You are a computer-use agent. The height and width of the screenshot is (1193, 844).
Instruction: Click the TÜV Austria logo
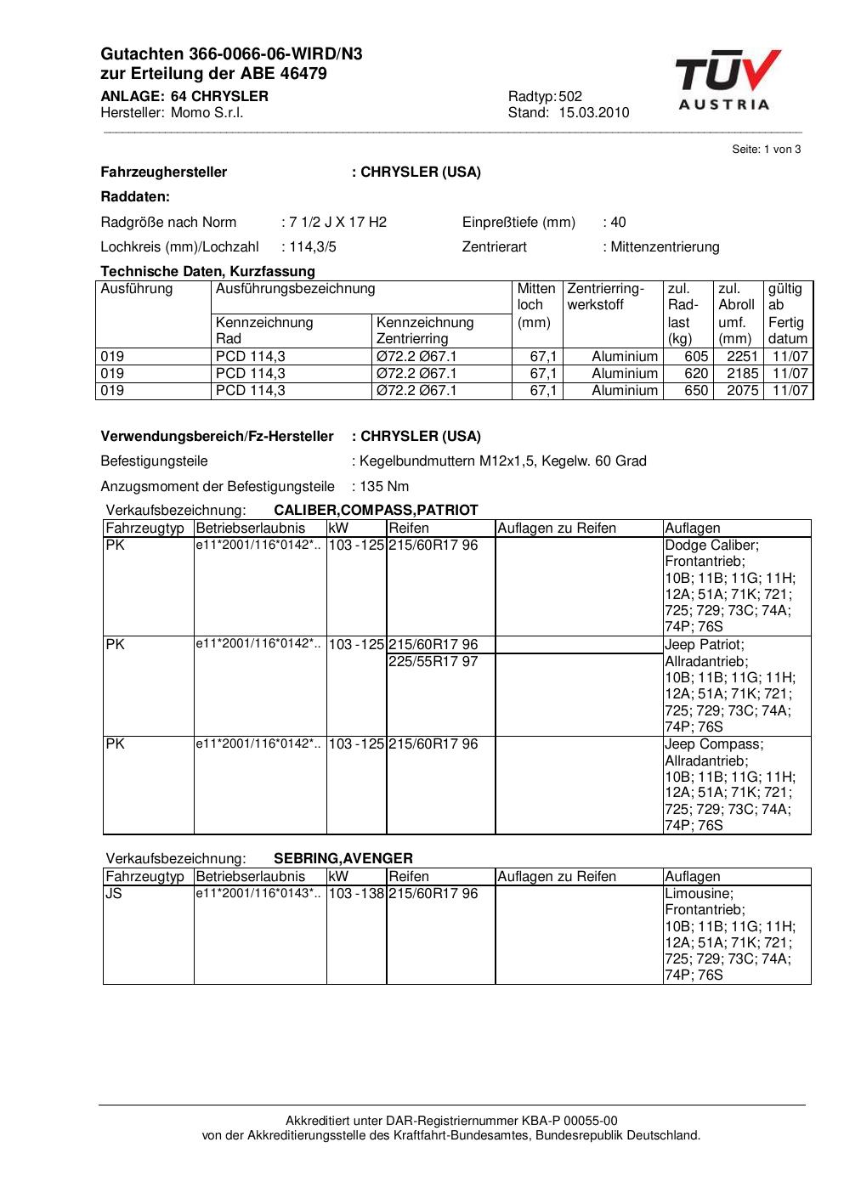pyautogui.click(x=728, y=81)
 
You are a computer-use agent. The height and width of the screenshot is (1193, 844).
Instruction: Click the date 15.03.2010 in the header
pyautogui.click(x=593, y=113)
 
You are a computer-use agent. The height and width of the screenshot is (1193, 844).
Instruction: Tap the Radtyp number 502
pyautogui.click(x=570, y=96)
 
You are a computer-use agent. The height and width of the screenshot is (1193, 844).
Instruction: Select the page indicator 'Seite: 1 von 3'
pyautogui.click(x=766, y=150)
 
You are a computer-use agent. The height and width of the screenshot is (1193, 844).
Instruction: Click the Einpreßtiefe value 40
pyautogui.click(x=618, y=223)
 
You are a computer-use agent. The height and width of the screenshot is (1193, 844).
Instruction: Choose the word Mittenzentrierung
pyautogui.click(x=665, y=247)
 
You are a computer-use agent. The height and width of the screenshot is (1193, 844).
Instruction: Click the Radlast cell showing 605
pyautogui.click(x=696, y=357)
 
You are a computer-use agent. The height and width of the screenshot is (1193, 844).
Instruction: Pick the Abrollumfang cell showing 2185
pyautogui.click(x=742, y=374)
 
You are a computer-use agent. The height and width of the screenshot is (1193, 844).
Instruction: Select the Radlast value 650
pyautogui.click(x=696, y=391)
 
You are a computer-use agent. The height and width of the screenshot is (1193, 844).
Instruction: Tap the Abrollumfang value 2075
pyautogui.click(x=742, y=391)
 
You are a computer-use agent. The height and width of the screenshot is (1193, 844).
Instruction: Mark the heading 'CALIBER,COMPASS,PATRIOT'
pyautogui.click(x=376, y=511)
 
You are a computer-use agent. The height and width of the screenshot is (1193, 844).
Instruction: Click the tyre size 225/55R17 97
pyautogui.click(x=433, y=661)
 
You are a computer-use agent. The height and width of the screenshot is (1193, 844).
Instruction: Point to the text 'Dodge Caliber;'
pyautogui.click(x=711, y=546)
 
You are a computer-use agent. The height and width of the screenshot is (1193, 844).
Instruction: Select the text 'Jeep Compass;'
pyautogui.click(x=714, y=744)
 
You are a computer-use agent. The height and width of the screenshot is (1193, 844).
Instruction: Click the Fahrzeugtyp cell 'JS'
pyautogui.click(x=114, y=894)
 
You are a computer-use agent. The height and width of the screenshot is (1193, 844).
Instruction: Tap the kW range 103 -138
pyautogui.click(x=356, y=894)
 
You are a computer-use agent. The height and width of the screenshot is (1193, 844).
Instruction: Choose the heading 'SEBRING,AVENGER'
pyautogui.click(x=343, y=858)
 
